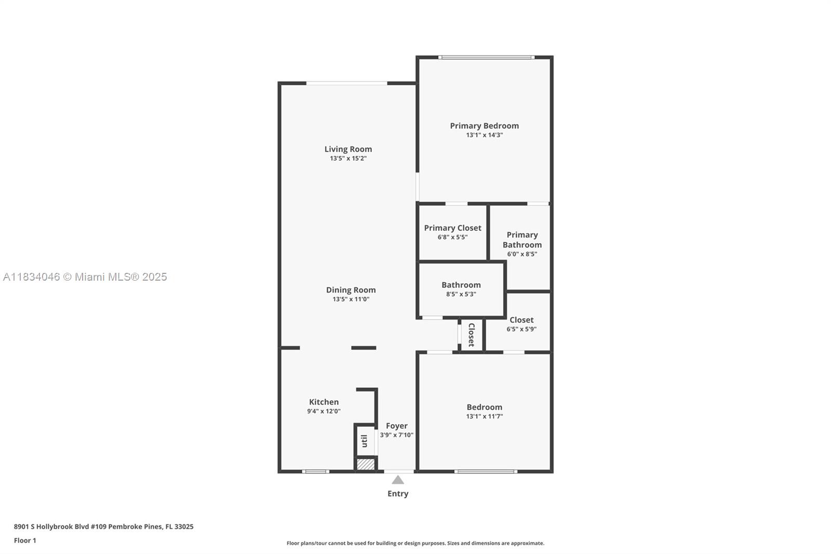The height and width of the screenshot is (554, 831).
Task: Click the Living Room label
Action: (348, 149)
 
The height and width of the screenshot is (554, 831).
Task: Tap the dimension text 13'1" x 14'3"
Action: (484, 135)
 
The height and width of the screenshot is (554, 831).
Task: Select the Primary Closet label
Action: (452, 228)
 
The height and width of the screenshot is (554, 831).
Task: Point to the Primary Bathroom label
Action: (522, 240)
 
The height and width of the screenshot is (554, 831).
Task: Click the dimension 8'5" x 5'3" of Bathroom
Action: (461, 294)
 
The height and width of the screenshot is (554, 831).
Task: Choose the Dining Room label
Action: (351, 290)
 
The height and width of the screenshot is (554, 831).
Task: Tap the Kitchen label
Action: (324, 402)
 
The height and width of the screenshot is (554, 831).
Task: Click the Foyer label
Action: (396, 426)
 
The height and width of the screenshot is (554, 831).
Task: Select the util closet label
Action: (365, 441)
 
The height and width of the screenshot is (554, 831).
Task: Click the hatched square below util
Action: (366, 464)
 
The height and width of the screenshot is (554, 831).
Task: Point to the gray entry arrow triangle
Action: (397, 480)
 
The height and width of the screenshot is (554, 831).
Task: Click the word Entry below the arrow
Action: (397, 494)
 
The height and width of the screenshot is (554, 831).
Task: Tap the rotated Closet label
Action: (472, 335)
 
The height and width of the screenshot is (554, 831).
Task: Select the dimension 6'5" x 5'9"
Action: (521, 329)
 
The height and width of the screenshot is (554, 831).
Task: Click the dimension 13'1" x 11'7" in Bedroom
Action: (484, 416)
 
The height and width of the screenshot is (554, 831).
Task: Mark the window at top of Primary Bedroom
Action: (486, 57)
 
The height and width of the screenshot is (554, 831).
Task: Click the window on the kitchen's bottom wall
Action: (316, 471)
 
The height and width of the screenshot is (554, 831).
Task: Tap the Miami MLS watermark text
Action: (85, 277)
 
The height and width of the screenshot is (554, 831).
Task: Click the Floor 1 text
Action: (25, 540)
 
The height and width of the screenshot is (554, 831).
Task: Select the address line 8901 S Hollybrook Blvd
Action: (103, 526)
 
